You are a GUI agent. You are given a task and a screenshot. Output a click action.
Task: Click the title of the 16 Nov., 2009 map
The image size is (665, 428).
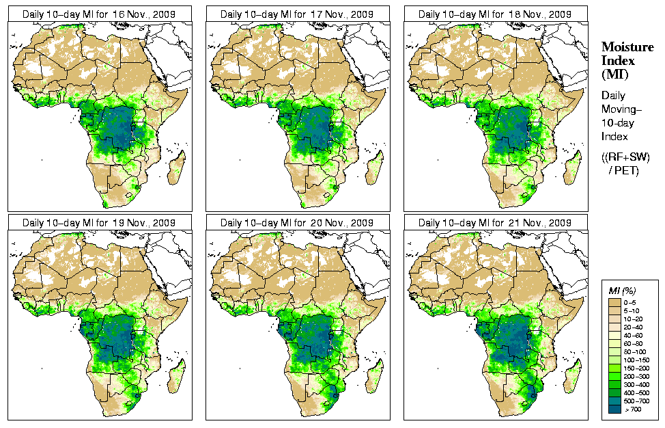tap(98, 14)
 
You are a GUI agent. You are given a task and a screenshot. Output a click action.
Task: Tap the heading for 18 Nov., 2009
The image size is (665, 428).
tap(495, 14)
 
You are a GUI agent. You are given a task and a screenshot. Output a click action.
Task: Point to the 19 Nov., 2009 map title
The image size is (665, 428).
tap(98, 223)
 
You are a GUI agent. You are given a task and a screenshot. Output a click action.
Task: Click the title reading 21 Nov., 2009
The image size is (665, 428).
tap(495, 223)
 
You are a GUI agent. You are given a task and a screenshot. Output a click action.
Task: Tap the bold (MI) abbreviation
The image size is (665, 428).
tap(614, 74)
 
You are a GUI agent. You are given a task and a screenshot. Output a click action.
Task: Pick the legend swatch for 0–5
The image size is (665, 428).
tap(614, 302)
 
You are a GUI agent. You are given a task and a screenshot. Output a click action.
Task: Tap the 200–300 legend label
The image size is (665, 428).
tap(633, 375)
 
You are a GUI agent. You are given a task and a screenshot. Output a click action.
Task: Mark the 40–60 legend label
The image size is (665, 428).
tap(633, 334)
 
